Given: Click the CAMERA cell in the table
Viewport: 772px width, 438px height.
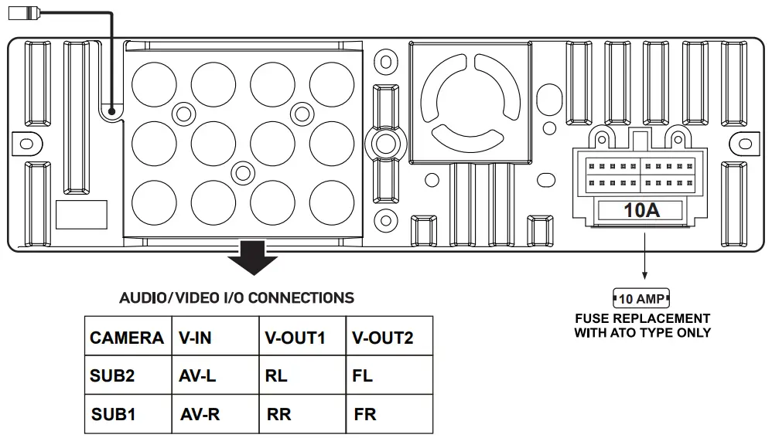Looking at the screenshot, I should [x=127, y=338].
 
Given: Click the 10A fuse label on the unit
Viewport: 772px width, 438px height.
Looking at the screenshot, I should [x=641, y=210].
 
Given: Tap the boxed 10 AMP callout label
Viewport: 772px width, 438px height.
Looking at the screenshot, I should [x=641, y=298].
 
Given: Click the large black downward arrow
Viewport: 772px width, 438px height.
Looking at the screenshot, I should [x=253, y=258].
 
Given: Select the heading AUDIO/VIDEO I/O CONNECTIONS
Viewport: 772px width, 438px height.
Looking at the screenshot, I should [x=237, y=297].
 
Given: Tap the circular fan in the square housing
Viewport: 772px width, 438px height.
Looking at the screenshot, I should [x=470, y=101].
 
